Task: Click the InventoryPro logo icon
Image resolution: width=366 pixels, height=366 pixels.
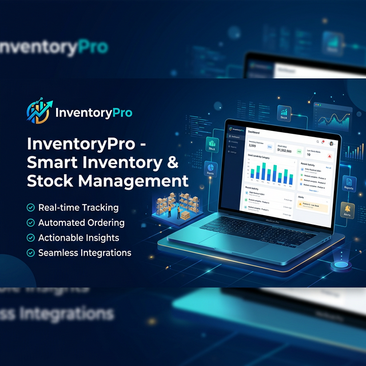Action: point(39,112)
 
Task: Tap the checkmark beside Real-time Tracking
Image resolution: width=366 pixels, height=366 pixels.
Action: point(30,208)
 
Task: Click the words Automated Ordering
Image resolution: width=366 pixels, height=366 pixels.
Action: point(81,222)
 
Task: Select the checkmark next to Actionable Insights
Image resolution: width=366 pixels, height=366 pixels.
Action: point(30,237)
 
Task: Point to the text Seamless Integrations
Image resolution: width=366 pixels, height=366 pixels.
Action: point(85,252)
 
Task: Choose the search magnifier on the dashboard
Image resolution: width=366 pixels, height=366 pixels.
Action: point(318,141)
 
